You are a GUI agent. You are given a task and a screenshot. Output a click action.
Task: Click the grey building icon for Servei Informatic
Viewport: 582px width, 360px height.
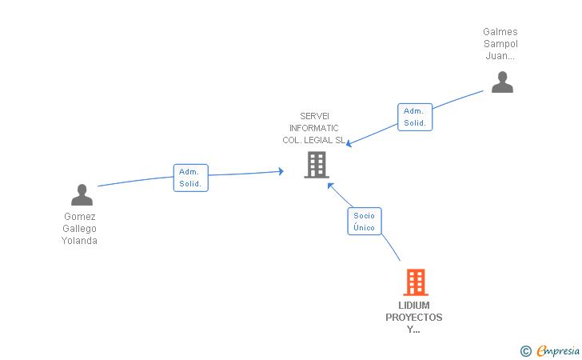point(317,165)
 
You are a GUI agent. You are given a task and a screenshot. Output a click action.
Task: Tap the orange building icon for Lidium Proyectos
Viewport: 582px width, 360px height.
point(415,282)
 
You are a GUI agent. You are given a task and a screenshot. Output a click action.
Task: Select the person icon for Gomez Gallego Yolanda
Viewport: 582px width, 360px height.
point(82,194)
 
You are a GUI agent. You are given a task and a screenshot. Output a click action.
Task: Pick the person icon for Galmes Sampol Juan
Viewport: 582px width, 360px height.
point(502,82)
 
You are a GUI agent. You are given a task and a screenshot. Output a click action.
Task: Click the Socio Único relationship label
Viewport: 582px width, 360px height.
point(365,222)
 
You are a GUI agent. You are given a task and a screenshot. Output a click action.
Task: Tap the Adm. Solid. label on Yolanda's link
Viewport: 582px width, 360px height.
point(191,178)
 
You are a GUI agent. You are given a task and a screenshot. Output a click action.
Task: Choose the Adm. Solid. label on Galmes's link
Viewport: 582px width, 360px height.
point(415,117)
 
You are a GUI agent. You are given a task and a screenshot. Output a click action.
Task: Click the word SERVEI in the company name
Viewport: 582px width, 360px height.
point(314,116)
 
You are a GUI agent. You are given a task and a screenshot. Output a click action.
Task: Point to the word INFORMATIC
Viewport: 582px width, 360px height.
point(314,128)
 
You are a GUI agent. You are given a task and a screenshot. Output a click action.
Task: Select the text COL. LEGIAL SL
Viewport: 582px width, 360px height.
point(314,140)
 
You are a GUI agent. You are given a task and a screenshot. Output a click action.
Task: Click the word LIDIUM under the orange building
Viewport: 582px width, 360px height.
point(414,306)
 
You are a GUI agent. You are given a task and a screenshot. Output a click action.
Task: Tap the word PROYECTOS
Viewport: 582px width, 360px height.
point(414,318)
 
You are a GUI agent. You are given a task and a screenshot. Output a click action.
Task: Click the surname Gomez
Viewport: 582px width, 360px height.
point(80,217)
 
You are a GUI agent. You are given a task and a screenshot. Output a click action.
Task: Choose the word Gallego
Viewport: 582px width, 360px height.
point(80,229)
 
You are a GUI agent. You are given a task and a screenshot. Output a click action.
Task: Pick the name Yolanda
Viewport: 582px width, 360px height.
point(80,241)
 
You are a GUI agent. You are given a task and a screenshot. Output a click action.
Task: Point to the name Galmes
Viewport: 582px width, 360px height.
point(500,32)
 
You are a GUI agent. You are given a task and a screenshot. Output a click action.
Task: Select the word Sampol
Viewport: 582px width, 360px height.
point(500,44)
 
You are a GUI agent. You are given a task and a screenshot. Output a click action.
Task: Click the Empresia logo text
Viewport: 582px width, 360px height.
point(558,350)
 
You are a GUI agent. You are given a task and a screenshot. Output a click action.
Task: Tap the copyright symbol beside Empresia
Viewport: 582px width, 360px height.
point(526,350)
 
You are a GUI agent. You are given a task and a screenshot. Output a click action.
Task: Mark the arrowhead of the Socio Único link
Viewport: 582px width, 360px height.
point(330,184)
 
